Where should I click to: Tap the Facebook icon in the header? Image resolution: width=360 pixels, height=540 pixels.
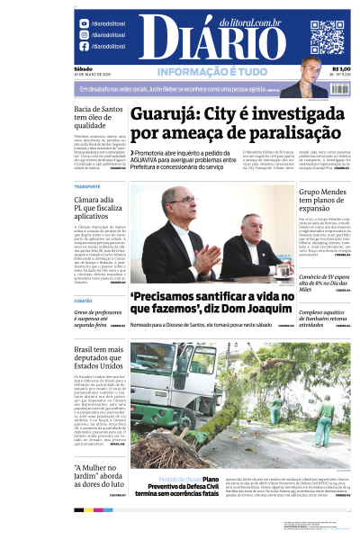tap(84, 46)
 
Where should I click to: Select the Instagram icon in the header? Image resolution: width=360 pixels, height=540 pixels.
tap(84, 34)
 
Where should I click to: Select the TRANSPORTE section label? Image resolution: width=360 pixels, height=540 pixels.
tap(87, 186)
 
